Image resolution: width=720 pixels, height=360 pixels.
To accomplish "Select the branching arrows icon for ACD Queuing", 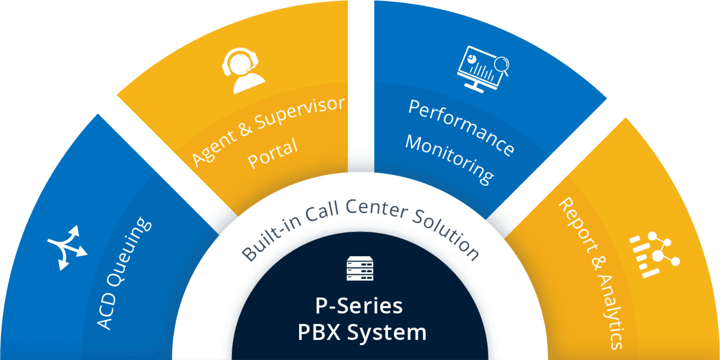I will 67,247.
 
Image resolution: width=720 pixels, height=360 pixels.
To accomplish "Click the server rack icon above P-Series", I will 360,268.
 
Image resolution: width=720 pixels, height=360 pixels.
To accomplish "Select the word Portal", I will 272,153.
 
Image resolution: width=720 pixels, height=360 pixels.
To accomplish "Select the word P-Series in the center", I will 359,306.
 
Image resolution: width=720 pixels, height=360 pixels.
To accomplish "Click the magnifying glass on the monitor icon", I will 501,65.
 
